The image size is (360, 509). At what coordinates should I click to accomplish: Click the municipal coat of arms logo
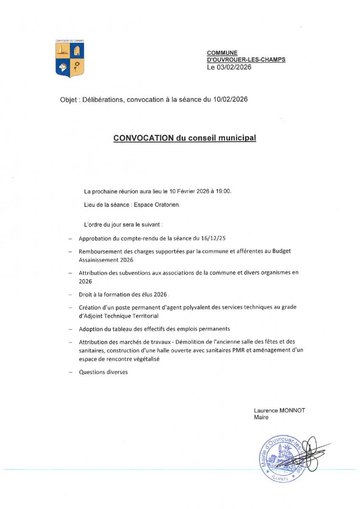(70, 60)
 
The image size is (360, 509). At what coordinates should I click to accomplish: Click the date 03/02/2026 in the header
(234, 67)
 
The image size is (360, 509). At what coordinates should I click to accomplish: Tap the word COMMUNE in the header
(222, 53)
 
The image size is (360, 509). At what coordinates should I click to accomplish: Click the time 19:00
(223, 191)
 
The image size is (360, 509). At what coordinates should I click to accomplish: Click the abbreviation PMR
(233, 350)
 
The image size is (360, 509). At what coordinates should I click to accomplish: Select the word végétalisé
(146, 359)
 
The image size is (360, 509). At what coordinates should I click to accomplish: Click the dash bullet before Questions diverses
(69, 372)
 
